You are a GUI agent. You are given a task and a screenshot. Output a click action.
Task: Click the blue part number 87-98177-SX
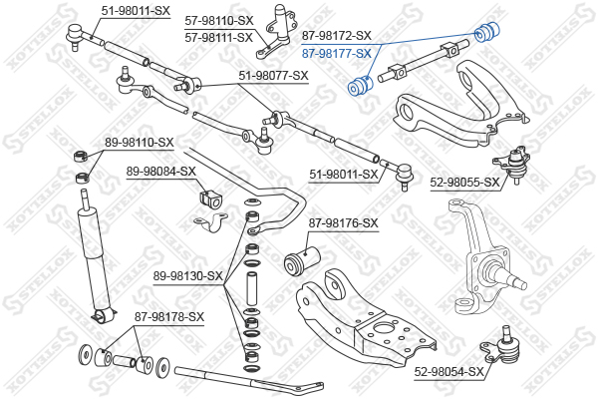pos(336,53)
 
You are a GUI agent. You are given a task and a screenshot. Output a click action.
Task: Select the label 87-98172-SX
pos(336,34)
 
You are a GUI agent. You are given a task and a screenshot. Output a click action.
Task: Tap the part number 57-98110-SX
pos(219,20)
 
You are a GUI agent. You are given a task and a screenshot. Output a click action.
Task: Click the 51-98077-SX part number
pos(273,75)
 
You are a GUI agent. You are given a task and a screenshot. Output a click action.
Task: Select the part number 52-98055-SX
pos(464,183)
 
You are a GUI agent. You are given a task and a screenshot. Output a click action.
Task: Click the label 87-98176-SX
pos(344,222)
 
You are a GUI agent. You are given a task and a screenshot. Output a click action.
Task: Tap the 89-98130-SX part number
pos(188,275)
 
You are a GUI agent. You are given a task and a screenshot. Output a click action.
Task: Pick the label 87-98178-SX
pos(169,317)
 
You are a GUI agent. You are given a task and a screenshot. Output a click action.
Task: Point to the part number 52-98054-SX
pos(449,372)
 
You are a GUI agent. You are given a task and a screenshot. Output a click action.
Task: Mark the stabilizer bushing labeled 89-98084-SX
pos(208,197)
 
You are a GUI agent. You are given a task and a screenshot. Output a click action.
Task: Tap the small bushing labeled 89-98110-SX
pos(80,158)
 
